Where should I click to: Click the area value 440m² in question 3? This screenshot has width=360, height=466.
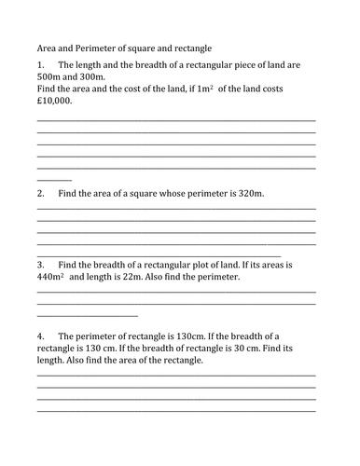coord(50,277)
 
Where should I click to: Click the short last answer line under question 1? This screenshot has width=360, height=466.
coord(54,178)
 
